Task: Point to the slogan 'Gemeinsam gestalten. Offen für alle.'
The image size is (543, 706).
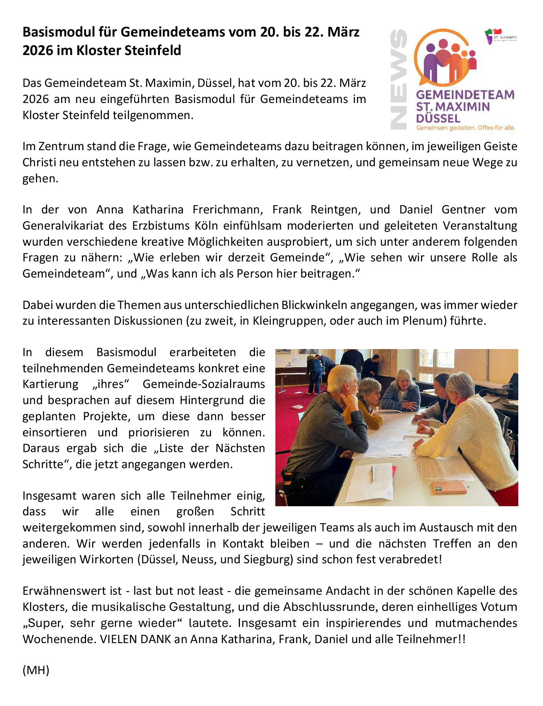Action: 466,128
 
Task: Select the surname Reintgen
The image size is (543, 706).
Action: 336,210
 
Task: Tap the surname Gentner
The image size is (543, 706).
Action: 464,210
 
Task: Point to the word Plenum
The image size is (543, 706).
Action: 423,321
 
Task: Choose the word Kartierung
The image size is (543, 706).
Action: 50,384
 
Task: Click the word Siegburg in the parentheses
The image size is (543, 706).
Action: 268,559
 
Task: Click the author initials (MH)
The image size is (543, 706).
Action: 36,670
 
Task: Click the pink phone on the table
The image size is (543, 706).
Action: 448,488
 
